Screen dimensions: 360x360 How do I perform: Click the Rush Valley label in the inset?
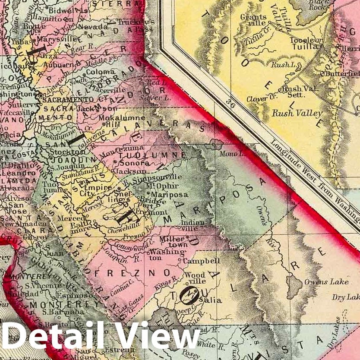[x=297, y=114]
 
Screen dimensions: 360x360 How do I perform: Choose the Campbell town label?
[x=201, y=261]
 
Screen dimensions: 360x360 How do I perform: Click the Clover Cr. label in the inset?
[x=257, y=99]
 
